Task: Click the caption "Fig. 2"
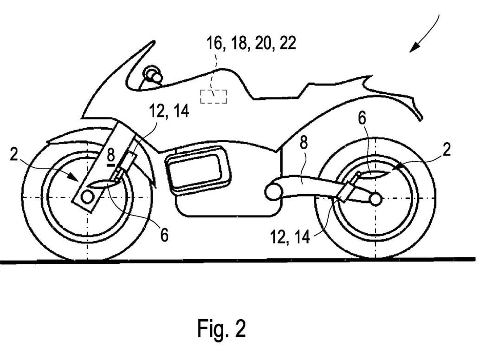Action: pyautogui.click(x=221, y=329)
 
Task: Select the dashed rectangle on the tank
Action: pyautogui.click(x=214, y=96)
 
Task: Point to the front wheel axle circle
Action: pyautogui.click(x=87, y=197)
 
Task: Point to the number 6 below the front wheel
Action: pyautogui.click(x=164, y=235)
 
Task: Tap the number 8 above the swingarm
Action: pyautogui.click(x=303, y=144)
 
